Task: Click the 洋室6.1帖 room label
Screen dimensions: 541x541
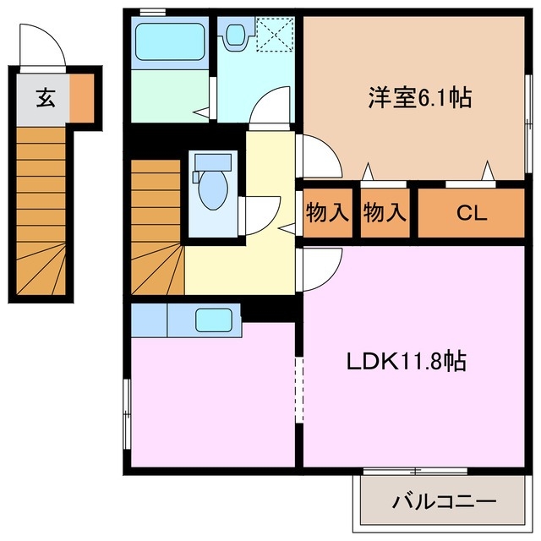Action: [x=418, y=99]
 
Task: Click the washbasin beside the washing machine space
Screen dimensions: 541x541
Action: [x=234, y=34]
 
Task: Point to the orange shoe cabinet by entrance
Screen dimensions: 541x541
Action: [x=82, y=98]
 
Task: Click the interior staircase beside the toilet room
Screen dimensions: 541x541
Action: [x=156, y=224]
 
